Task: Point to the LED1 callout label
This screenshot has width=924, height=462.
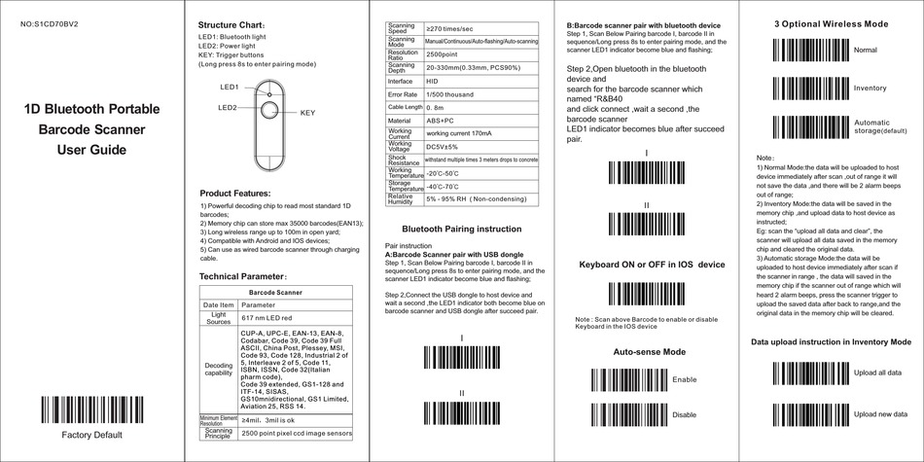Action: click(x=230, y=87)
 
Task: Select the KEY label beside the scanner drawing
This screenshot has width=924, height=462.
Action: click(x=307, y=113)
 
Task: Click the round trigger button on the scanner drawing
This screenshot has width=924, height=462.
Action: click(x=267, y=111)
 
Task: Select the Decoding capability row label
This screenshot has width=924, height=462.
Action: click(x=218, y=370)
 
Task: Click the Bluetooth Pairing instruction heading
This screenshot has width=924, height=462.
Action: click(x=461, y=229)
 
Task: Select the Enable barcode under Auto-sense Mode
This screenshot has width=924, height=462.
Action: click(x=624, y=380)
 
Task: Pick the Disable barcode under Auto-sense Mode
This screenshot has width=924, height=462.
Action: click(x=624, y=415)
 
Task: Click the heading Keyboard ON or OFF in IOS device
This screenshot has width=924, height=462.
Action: click(x=652, y=265)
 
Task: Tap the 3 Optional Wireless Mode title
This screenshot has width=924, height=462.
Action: click(x=831, y=22)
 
